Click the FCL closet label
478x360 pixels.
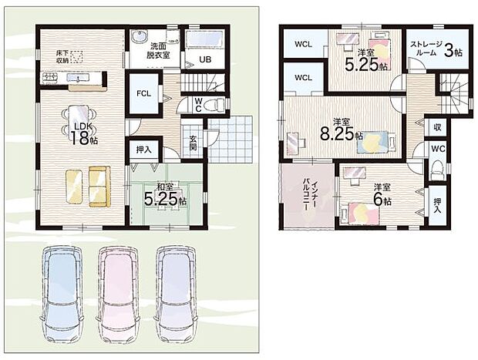[143, 93]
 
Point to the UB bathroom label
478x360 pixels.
[205, 60]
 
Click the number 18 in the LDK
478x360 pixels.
[79, 138]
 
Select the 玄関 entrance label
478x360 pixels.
[193, 143]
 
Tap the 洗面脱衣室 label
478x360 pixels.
[158, 51]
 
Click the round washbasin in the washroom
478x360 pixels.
[140, 37]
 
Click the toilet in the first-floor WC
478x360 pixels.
[215, 105]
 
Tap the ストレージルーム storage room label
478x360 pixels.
[426, 48]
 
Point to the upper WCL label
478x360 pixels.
[303, 44]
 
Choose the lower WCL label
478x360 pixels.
[303, 78]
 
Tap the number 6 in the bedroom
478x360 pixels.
[378, 200]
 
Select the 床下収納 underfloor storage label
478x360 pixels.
[62, 56]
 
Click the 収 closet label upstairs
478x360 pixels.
[437, 126]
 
